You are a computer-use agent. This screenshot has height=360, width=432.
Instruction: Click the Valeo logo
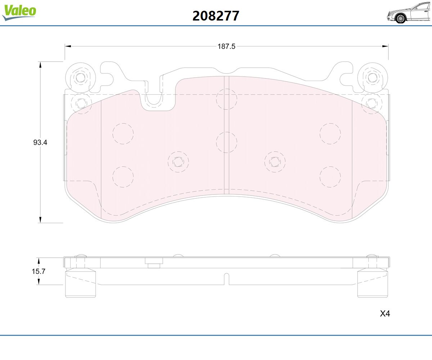pyautogui.click(x=19, y=12)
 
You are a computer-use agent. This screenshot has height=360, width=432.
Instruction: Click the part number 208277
pyautogui.click(x=216, y=16)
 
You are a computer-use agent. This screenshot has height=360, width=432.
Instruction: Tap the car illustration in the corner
pyautogui.click(x=408, y=13)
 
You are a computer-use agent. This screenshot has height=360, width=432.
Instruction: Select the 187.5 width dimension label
pyautogui.click(x=226, y=46)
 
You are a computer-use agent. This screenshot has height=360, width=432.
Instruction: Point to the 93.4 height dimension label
pyautogui.click(x=40, y=142)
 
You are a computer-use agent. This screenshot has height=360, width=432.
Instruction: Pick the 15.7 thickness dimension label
pyautogui.click(x=39, y=271)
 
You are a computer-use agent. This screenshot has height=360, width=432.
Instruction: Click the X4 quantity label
pyautogui.click(x=385, y=314)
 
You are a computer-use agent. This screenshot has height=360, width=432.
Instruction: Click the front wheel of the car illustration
pyautogui.click(x=400, y=19)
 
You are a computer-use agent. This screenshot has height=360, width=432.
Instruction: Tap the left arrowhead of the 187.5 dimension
pyautogui.click(x=68, y=46)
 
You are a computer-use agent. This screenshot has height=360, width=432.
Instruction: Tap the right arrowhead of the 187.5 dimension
pyautogui.click(x=385, y=46)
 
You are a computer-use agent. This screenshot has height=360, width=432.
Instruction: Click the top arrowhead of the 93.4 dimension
pyautogui.click(x=40, y=65)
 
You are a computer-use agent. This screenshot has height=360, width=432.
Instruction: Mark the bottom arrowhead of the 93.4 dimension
pyautogui.click(x=40, y=220)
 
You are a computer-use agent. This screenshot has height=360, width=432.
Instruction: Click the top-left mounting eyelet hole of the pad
pyautogui.click(x=80, y=78)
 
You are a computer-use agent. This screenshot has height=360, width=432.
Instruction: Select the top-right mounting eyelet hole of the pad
pyautogui.click(x=372, y=78)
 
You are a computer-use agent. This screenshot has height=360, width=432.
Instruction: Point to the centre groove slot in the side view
pyautogui.click(x=226, y=279)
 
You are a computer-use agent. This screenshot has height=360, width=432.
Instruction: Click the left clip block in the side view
pyautogui.click(x=81, y=283)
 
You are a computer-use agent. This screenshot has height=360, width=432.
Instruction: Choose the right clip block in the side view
pyautogui.click(x=373, y=283)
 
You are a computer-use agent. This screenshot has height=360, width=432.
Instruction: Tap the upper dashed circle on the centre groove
pyautogui.click(x=226, y=99)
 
